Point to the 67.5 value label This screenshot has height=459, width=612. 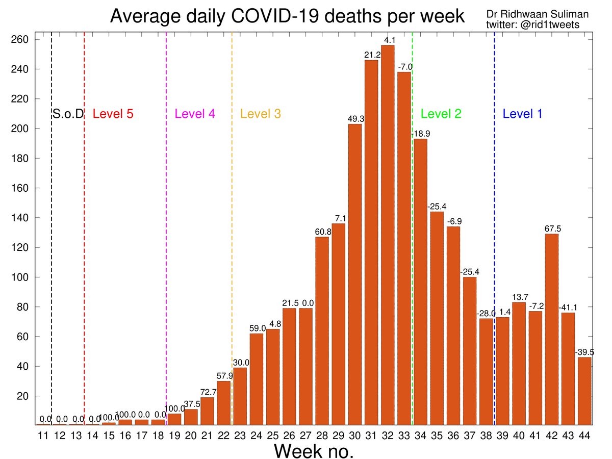[551, 229]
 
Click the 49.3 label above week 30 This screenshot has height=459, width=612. [355, 119]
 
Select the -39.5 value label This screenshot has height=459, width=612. [584, 352]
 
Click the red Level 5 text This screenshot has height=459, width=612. [113, 114]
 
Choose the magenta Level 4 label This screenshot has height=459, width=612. [195, 114]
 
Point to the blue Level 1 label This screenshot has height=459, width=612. [522, 114]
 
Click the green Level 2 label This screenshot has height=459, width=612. [441, 114]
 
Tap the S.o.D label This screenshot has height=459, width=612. [68, 114]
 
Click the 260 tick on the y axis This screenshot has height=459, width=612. [23, 40]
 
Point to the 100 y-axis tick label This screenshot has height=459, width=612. [23, 277]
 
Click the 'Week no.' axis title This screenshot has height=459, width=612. [314, 451]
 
